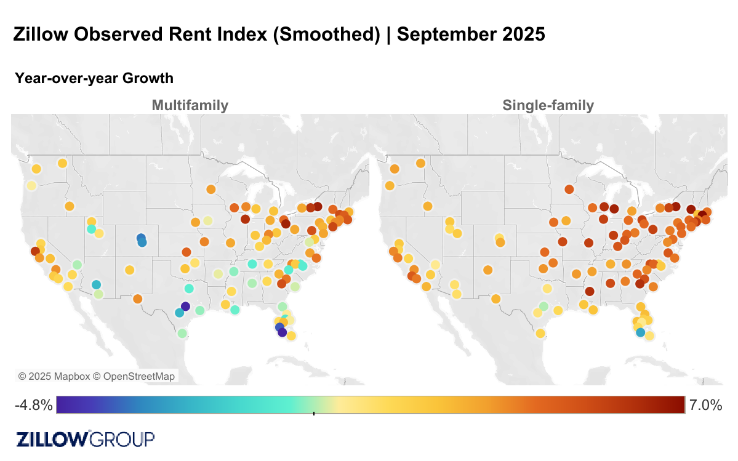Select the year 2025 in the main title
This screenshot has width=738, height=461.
click(x=523, y=34)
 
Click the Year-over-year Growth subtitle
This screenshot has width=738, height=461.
click(x=94, y=78)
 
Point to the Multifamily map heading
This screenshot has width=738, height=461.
click(x=190, y=105)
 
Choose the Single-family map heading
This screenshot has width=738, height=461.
click(x=548, y=105)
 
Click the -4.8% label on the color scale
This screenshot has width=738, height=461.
click(x=34, y=405)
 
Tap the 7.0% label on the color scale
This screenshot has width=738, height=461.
click(x=705, y=405)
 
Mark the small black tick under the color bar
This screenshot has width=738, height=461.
click(x=314, y=414)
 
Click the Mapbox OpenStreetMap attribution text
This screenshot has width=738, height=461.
click(x=97, y=376)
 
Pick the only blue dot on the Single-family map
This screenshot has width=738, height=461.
click(x=640, y=332)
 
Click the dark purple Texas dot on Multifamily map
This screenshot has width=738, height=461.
click(x=185, y=307)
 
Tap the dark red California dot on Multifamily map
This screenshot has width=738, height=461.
click(x=35, y=251)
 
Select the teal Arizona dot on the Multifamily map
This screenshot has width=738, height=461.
click(x=96, y=285)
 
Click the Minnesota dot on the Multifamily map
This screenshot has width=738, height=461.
click(x=211, y=190)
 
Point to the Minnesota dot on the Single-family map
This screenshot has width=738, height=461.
click(x=569, y=190)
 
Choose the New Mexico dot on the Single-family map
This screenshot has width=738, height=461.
click(x=488, y=270)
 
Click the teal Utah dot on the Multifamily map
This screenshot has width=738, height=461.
click(x=91, y=229)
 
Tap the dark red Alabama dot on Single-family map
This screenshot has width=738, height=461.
click(x=589, y=291)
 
